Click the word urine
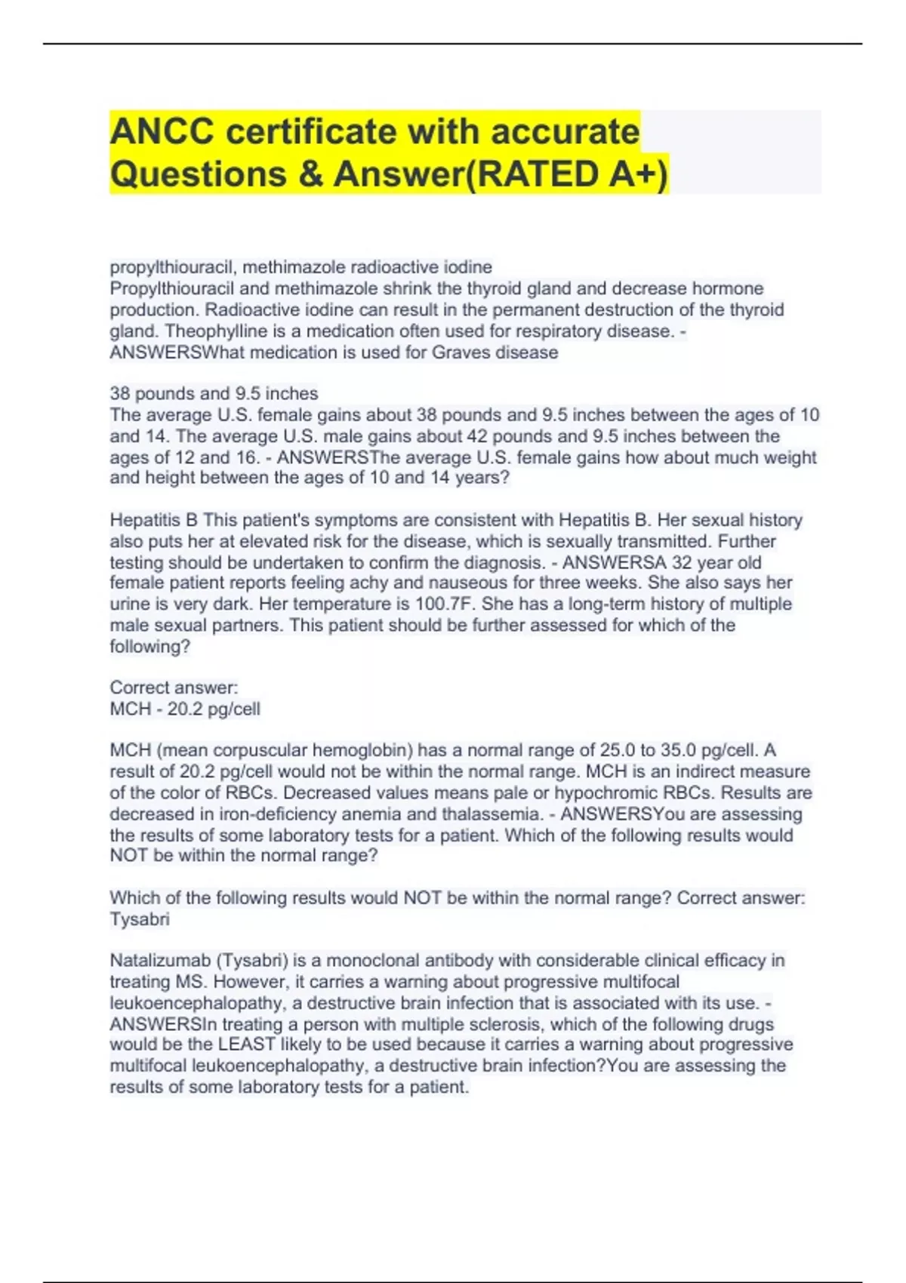point(128,604)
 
